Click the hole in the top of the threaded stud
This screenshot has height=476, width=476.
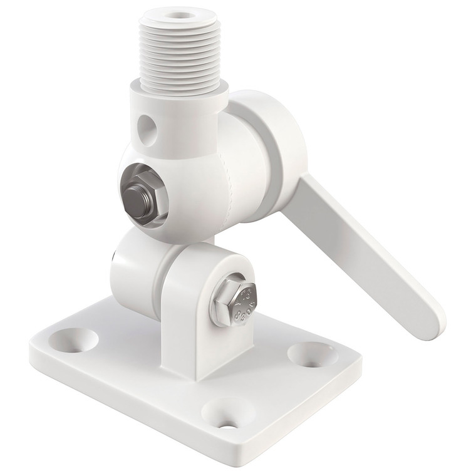click(x=182, y=12)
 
